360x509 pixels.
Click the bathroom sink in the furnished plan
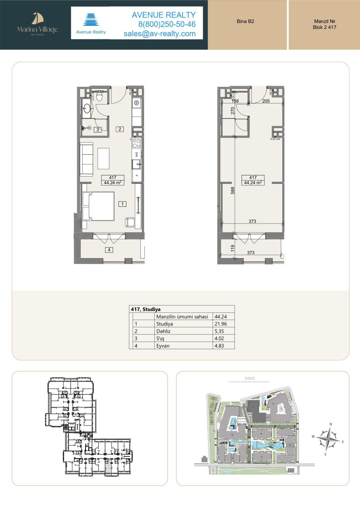click(x=87, y=108)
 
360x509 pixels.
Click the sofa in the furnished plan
click(x=86, y=159)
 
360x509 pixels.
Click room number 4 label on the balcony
click(x=108, y=250)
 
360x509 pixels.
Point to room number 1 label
click(x=123, y=204)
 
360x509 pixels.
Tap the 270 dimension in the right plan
click(x=232, y=110)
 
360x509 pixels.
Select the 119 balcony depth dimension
click(x=232, y=249)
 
